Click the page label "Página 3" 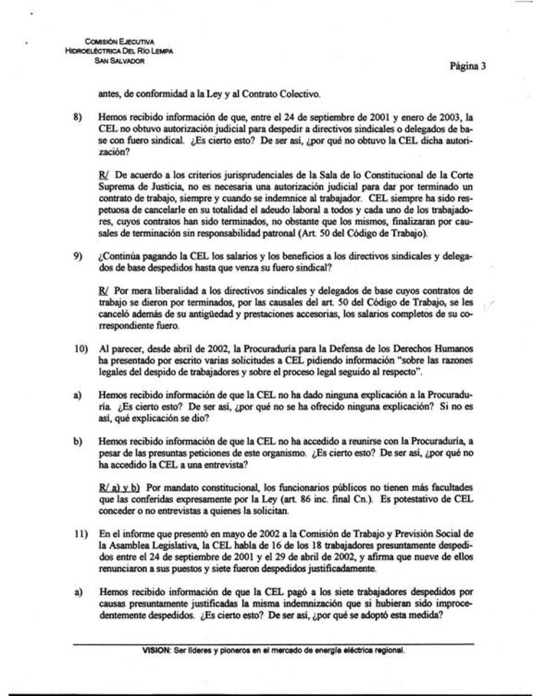coord(468,66)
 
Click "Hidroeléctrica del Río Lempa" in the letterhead coord(119,51)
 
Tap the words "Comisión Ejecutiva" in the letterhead coord(119,42)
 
